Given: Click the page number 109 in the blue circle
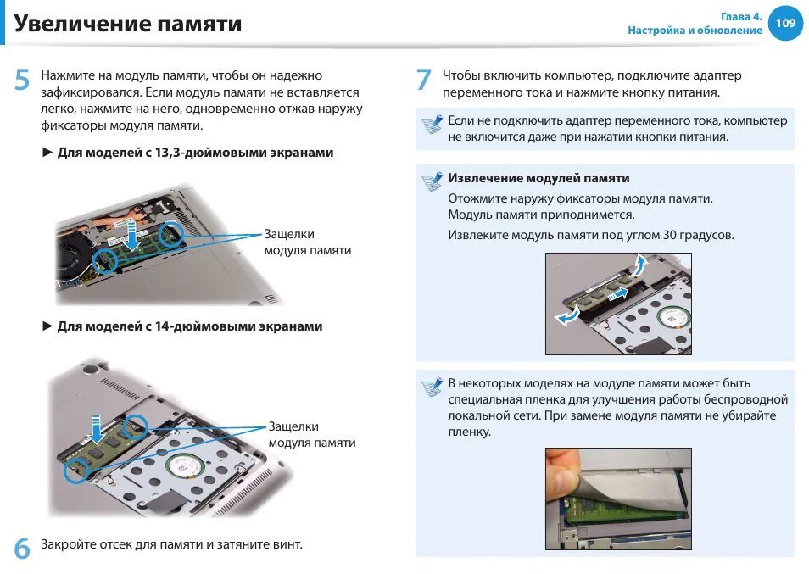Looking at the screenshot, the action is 785,23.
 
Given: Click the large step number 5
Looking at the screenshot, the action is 22,80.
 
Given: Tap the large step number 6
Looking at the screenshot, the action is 22,548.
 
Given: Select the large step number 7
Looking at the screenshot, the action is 424,80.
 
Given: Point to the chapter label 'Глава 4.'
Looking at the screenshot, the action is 741,16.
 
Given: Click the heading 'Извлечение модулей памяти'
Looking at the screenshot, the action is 538,178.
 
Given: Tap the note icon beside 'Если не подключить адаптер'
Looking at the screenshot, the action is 432,125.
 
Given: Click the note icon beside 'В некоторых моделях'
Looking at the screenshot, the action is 432,387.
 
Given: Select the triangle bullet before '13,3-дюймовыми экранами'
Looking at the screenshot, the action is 47,152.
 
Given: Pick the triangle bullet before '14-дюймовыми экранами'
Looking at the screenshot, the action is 47,326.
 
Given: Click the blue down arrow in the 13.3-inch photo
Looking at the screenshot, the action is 132,235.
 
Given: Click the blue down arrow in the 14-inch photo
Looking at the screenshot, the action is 96,428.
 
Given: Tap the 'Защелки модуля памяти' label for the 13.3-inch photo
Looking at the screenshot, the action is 308,242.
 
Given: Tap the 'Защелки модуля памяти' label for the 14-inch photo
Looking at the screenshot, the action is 311,434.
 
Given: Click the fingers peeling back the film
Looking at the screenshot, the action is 562,475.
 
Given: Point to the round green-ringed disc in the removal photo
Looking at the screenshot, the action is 674,318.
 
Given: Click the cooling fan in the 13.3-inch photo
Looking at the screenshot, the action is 72,258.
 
